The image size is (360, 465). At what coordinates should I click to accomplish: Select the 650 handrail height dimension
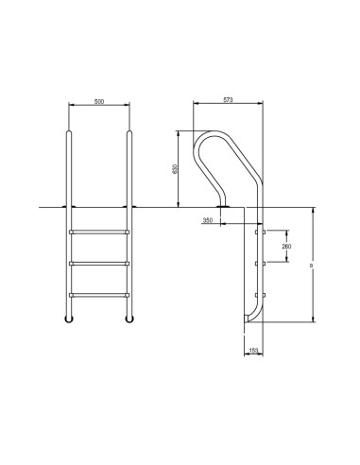175,169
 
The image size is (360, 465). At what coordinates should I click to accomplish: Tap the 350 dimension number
207,220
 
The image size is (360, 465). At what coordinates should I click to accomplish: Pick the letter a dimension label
312,267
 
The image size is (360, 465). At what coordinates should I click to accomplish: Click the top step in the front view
98,230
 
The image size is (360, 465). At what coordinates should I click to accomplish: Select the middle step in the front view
98,263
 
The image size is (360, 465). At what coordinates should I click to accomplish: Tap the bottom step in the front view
98,296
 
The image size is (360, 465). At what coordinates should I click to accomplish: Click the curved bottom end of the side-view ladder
250,319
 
